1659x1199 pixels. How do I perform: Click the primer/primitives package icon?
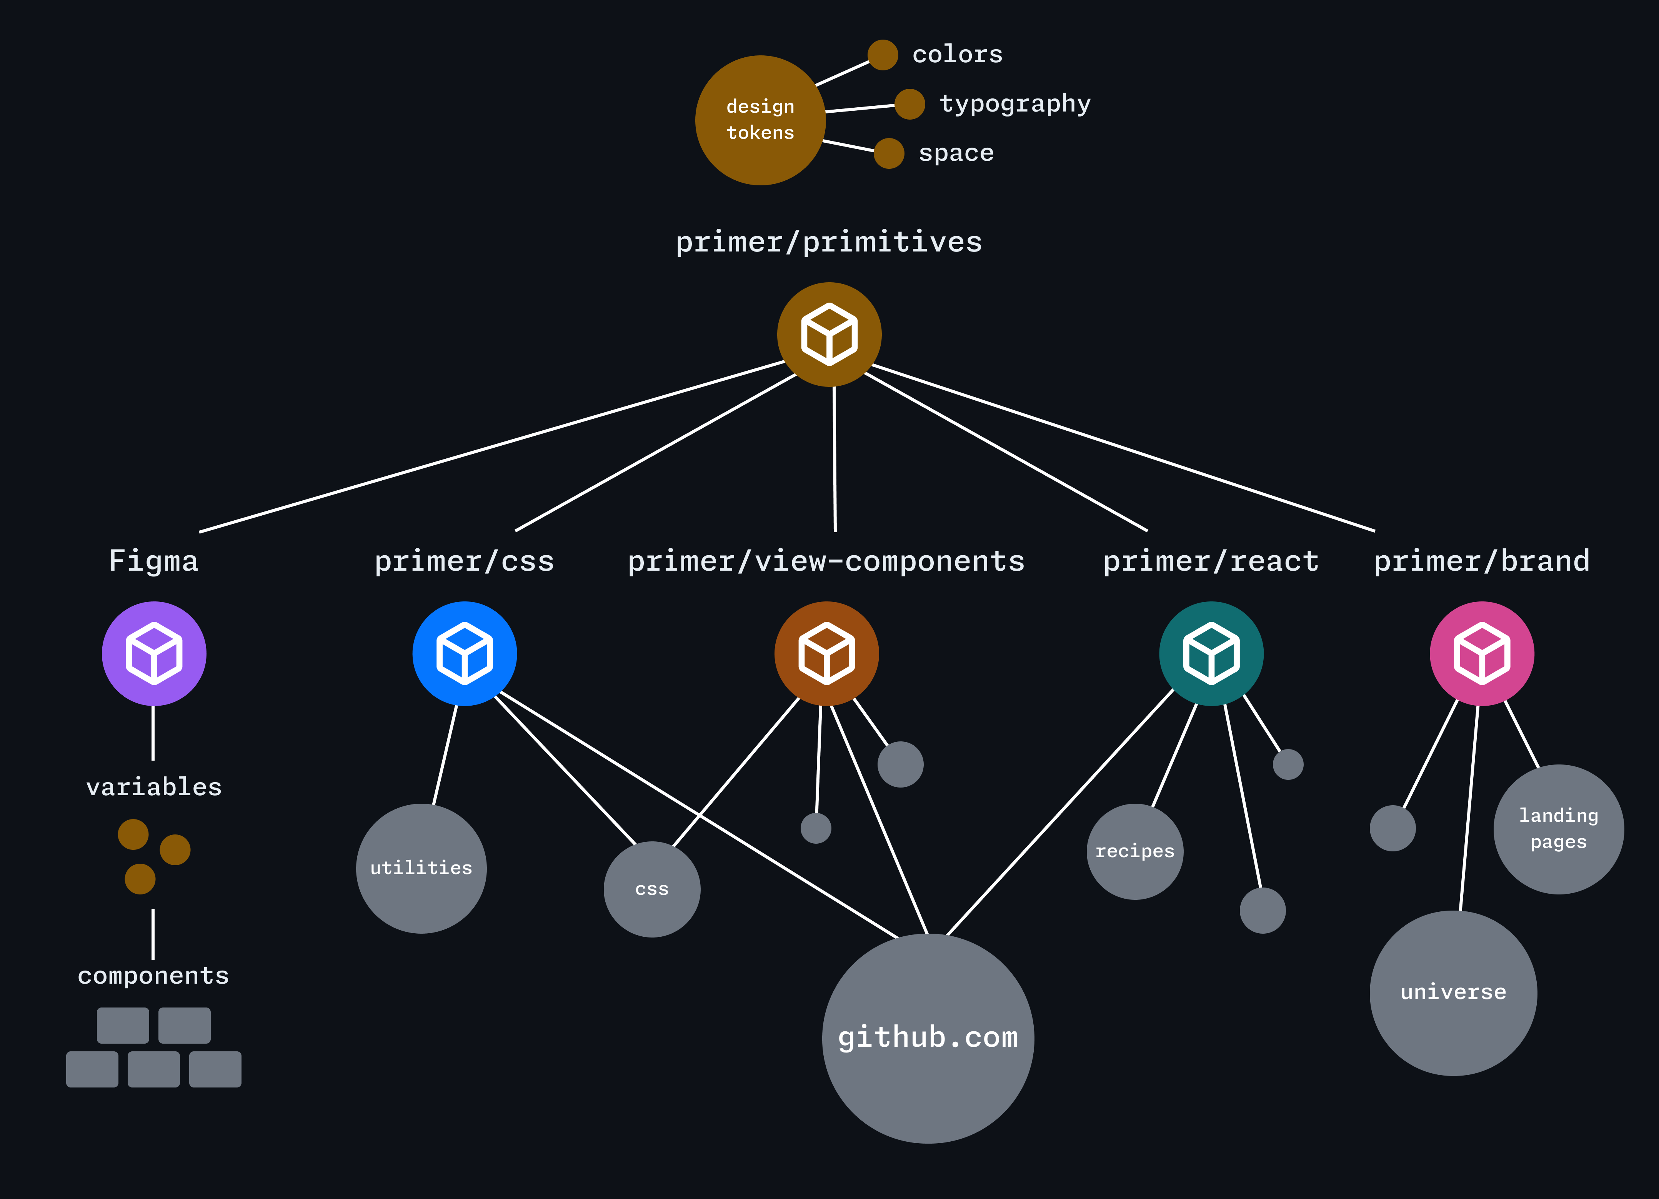(829, 334)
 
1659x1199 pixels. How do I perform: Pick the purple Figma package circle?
(153, 653)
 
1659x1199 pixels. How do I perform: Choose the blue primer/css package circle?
(465, 653)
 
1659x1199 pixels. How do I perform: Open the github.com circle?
(928, 1038)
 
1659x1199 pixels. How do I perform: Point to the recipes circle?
(1134, 851)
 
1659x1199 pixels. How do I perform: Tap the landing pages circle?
(1558, 829)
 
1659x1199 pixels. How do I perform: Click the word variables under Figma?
(153, 787)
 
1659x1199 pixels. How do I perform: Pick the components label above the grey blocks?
(153, 976)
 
